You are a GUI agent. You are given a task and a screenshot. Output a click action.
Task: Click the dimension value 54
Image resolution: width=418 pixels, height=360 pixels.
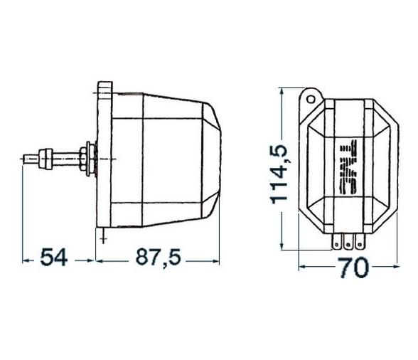point(53,258)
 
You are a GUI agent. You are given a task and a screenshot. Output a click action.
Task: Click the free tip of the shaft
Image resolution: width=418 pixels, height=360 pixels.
point(26,157)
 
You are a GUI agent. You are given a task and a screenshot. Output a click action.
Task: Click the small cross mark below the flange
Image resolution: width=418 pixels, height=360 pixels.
point(104,239)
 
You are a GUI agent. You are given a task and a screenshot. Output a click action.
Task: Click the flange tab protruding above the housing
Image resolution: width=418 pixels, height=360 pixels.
point(103,89)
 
